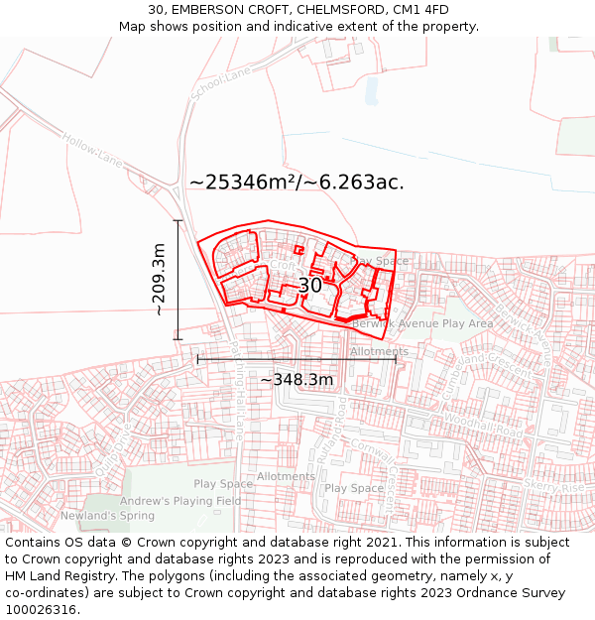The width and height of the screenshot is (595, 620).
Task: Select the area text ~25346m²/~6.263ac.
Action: click(x=297, y=183)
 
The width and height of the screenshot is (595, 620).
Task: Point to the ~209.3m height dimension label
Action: click(x=159, y=280)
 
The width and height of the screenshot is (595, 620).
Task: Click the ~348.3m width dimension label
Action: click(x=297, y=379)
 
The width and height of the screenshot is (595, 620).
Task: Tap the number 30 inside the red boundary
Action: click(x=309, y=286)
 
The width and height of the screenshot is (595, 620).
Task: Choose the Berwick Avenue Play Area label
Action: click(x=421, y=323)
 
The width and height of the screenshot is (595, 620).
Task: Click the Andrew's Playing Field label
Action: click(x=187, y=501)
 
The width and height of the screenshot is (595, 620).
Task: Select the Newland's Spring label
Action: click(x=107, y=516)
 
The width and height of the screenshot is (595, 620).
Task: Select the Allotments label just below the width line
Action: click(x=379, y=351)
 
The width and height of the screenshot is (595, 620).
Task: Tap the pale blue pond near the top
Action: click(x=372, y=90)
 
